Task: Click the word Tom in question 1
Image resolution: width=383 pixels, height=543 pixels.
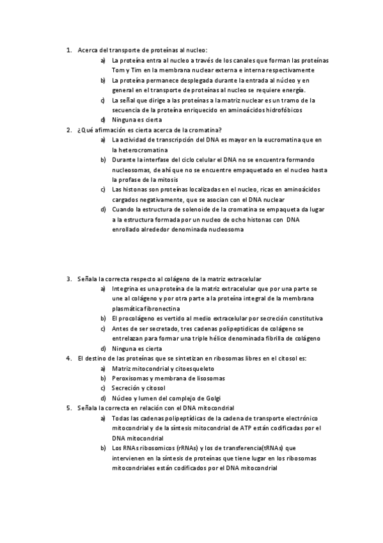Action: (x=118, y=70)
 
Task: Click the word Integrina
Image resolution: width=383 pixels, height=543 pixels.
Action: (x=125, y=288)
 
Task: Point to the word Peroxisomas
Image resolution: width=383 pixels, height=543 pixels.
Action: (x=132, y=378)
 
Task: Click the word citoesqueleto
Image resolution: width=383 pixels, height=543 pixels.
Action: (x=192, y=368)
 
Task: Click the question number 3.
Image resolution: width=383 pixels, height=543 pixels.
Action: (x=68, y=279)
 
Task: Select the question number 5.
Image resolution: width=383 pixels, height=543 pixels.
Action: (x=68, y=408)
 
